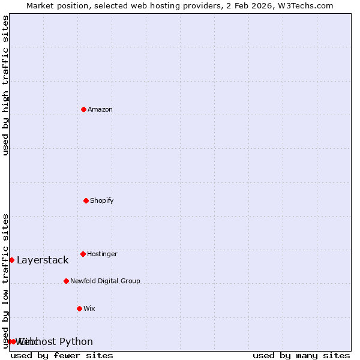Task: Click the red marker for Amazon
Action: [83, 109]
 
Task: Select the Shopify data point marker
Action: [86, 200]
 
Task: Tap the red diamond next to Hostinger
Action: [83, 254]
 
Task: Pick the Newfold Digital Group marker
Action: [66, 281]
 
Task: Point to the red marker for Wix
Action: [79, 308]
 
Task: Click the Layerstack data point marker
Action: [11, 260]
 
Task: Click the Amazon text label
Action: [100, 109]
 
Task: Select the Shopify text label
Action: [102, 200]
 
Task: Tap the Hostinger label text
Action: [102, 254]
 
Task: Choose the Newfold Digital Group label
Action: [105, 281]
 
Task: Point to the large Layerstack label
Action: [43, 260]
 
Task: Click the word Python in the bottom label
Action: [76, 341]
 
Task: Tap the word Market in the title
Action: [40, 5]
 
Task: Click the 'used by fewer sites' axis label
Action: [62, 355]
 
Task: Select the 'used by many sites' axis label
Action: [301, 355]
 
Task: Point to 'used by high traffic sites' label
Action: [5, 85]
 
